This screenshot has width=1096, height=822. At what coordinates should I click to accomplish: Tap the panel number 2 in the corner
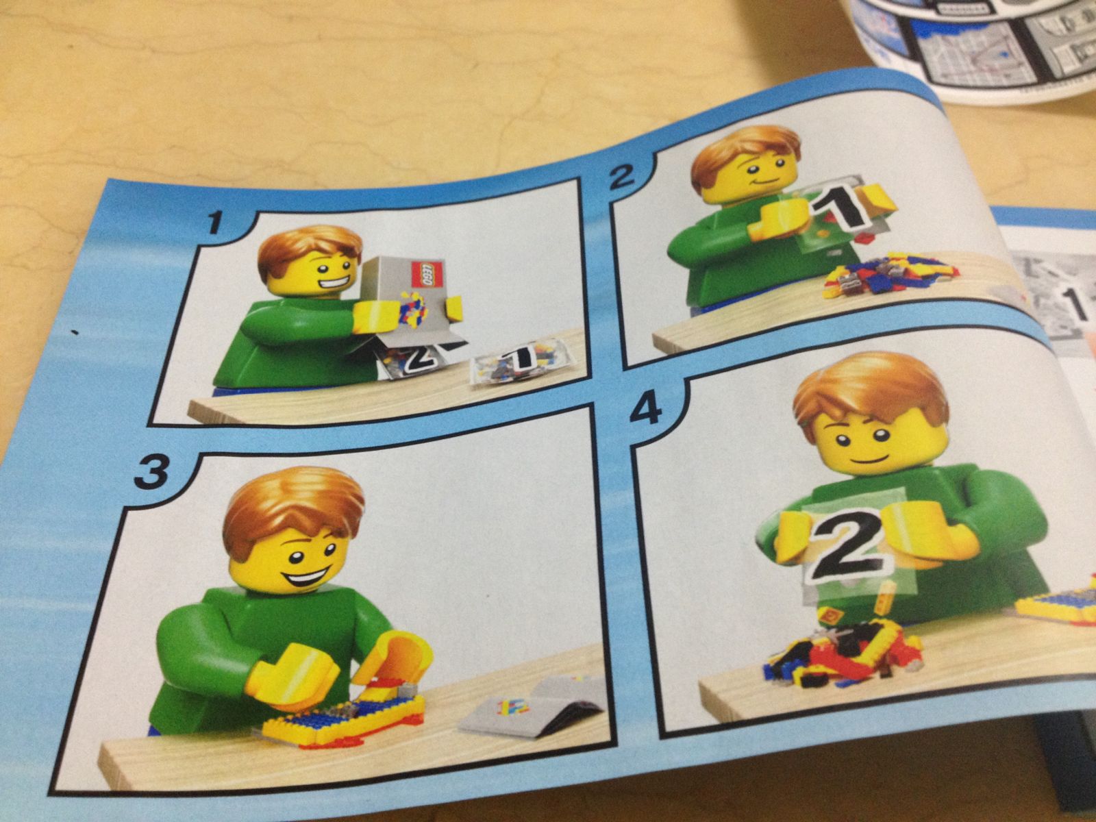pyautogui.click(x=622, y=178)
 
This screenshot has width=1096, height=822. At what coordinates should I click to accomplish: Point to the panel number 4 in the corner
pyautogui.click(x=646, y=407)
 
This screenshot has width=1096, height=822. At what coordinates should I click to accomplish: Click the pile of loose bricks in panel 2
pyautogui.click(x=891, y=274)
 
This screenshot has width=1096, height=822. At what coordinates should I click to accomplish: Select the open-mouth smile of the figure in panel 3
pyautogui.click(x=306, y=575)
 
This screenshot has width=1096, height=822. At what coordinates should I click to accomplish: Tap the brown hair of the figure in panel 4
pyautogui.click(x=871, y=387)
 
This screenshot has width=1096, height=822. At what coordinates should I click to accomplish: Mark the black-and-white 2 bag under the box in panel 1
pyautogui.click(x=414, y=360)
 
